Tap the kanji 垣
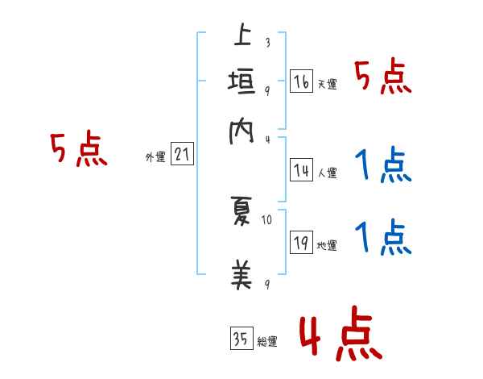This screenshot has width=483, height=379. pos(242,83)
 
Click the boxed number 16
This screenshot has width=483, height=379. pos(301,81)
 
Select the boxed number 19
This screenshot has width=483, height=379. pos(301,243)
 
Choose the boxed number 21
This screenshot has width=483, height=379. pos(182,154)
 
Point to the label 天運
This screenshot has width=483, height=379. pos(327,84)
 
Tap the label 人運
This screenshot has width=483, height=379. pos(327,172)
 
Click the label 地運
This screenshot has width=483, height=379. pos(327,245)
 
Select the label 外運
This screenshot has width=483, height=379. pos(155,157)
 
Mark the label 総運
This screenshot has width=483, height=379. pos(267,341)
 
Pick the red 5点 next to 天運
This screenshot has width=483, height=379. pos(383,78)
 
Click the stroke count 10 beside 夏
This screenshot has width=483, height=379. pos(267,219)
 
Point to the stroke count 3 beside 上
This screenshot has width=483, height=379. pos(267,43)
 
